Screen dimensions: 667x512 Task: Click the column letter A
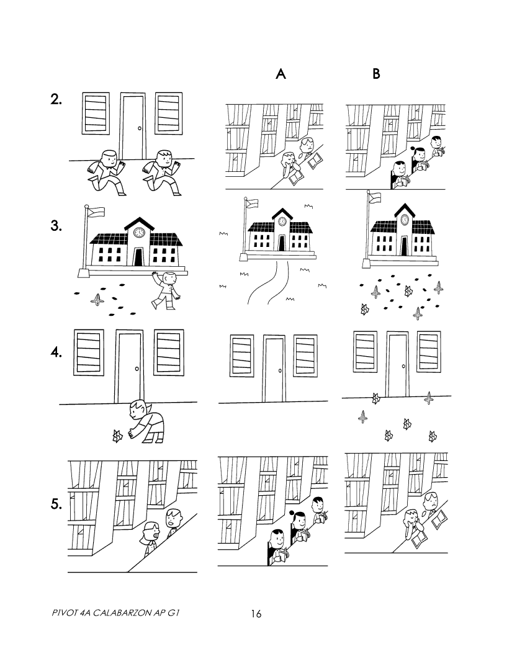[281, 74]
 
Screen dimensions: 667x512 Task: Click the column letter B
[376, 74]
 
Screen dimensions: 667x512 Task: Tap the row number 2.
[56, 100]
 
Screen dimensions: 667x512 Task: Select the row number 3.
[56, 226]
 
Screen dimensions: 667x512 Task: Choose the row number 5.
[56, 504]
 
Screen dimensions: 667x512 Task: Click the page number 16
[256, 614]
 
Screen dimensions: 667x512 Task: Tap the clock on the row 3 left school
[138, 232]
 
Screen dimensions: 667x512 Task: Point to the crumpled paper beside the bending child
[116, 436]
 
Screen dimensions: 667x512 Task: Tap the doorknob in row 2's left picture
[139, 128]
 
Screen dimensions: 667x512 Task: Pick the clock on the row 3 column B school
[405, 219]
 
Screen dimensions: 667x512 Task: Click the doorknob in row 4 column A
[280, 370]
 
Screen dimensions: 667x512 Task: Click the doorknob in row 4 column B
[404, 366]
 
